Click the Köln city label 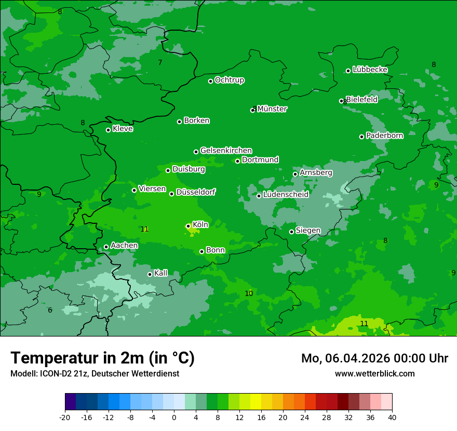coord(200,225)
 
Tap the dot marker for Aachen coord(106,247)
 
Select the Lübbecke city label coord(370,70)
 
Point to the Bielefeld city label coord(362,99)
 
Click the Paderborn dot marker coord(361,137)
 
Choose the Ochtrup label coord(229,80)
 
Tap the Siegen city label coord(308,231)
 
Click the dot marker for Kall coord(150,274)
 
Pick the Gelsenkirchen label coord(226,151)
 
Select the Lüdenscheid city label coord(286,195)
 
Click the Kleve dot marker coord(108,130)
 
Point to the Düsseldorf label coord(196,193)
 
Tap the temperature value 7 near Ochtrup coord(160,63)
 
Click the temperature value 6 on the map coord(50,311)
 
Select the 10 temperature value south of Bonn coord(249,294)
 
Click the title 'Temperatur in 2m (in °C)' coord(102,358)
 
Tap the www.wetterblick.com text coord(374,373)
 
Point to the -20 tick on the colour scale coord(65,417)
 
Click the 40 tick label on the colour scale coord(392,417)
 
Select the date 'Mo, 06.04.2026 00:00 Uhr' coord(374,358)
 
